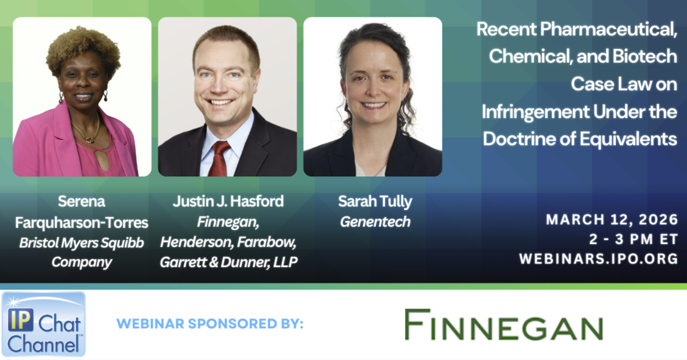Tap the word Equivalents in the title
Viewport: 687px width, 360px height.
point(628,139)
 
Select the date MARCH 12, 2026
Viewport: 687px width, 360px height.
point(612,220)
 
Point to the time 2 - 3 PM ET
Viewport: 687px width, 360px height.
point(634,239)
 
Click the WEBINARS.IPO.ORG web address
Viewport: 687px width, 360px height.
point(598,259)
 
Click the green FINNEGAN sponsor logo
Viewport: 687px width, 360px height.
point(504,325)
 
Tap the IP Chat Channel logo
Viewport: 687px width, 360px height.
point(44,325)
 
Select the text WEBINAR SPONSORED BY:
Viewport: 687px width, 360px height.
point(210,324)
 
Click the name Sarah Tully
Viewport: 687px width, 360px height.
point(375,202)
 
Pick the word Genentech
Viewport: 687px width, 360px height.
point(375,222)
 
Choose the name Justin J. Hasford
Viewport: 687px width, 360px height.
point(228,201)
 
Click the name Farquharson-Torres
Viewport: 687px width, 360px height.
point(82,223)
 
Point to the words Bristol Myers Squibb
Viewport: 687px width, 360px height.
point(82,243)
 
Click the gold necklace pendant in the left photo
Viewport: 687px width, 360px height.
point(89,140)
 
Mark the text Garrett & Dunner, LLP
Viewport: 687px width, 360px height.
point(228,262)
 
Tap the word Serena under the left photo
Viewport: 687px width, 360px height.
point(82,202)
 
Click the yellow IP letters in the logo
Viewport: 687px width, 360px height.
point(21,320)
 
